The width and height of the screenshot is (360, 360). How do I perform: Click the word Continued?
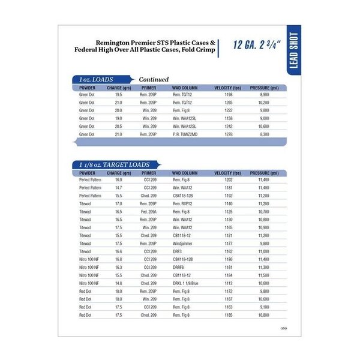pos(154,79)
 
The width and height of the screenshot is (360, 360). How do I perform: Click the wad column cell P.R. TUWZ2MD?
pos(185,134)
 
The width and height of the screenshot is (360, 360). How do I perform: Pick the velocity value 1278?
pos(227,134)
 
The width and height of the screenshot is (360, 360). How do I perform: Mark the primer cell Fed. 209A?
pos(149,212)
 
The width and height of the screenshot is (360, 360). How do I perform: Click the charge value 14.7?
pos(118,188)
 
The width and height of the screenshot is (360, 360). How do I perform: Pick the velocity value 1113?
pos(227,283)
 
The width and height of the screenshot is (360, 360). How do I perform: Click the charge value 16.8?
pos(118,259)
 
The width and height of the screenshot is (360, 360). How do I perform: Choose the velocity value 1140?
pos(227,204)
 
